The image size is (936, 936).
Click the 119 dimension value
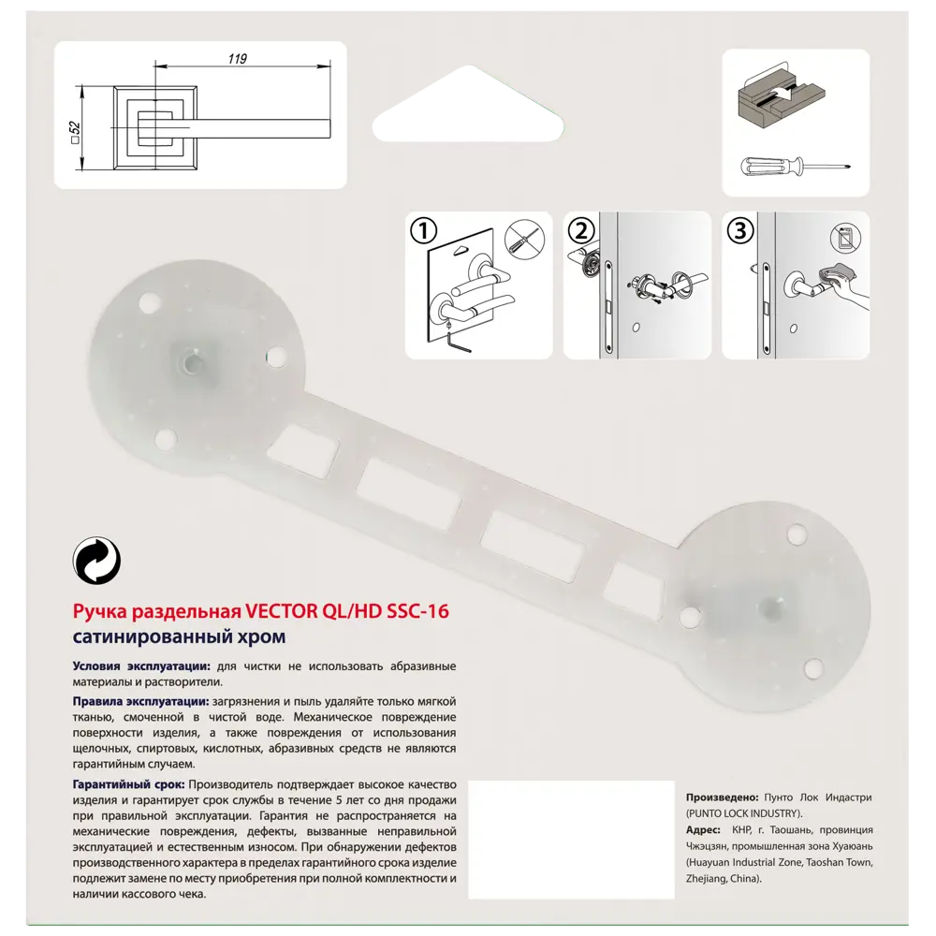point(237,59)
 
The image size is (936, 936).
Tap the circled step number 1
point(424,229)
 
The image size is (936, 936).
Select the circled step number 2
point(581,230)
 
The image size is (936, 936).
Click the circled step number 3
point(740,230)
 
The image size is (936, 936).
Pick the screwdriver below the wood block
point(796,167)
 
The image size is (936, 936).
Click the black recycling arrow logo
point(96,562)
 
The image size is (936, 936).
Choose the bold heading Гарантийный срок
point(129,783)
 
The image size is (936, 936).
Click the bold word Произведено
point(722,797)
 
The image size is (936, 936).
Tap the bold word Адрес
point(703,830)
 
